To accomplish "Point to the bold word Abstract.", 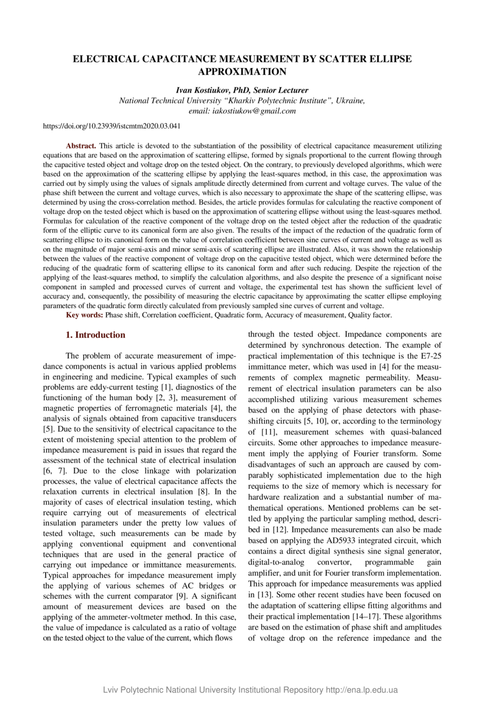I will coord(81,147).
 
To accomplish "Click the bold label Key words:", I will coord(85,315).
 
